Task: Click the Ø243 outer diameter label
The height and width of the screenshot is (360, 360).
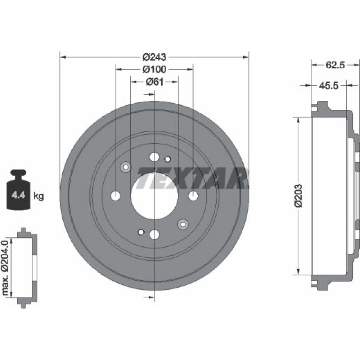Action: click(x=154, y=57)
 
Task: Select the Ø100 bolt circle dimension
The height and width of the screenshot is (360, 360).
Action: click(x=154, y=69)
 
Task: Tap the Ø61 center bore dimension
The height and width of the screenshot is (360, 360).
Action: click(x=154, y=81)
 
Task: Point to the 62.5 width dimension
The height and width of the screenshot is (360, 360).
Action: click(x=335, y=65)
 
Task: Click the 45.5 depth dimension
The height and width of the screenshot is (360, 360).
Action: click(x=329, y=86)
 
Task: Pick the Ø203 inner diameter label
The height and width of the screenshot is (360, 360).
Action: click(x=299, y=195)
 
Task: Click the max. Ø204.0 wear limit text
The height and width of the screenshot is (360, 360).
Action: click(x=5, y=268)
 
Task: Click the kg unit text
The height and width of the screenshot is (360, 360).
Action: click(x=39, y=196)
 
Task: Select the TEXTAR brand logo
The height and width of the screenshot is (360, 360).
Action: click(x=192, y=178)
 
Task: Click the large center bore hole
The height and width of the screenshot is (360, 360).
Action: click(x=154, y=195)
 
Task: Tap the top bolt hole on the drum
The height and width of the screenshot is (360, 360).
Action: click(x=154, y=157)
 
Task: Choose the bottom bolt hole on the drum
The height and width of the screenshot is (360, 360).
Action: click(x=154, y=234)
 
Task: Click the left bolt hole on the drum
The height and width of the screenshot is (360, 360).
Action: click(x=116, y=196)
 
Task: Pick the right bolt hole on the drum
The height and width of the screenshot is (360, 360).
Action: click(x=193, y=195)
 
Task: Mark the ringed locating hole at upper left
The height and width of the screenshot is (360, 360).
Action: click(x=126, y=167)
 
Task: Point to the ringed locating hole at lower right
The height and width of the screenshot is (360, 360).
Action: click(x=183, y=224)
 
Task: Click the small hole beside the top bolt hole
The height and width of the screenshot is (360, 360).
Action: click(x=168, y=159)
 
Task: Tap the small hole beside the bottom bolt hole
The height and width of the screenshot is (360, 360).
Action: click(x=141, y=232)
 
